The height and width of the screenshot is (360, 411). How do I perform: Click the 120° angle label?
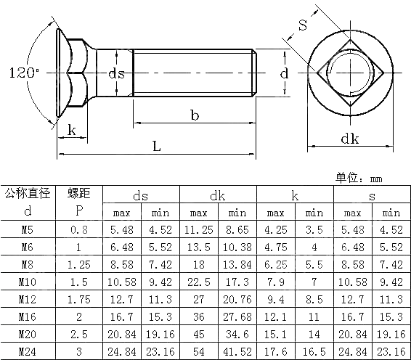pyautogui.click(x=25, y=73)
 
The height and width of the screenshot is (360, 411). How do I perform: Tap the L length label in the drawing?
pyautogui.click(x=156, y=145)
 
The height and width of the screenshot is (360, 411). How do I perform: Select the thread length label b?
pyautogui.click(x=194, y=115)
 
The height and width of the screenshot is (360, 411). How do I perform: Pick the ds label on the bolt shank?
pyautogui.click(x=116, y=73)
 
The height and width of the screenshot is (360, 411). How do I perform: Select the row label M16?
pyautogui.click(x=27, y=317)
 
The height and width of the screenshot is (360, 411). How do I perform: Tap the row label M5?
pyautogui.click(x=27, y=230)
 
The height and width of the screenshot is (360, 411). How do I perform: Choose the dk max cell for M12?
pyautogui.click(x=198, y=300)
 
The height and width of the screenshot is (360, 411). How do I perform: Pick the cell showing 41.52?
pyautogui.click(x=237, y=352)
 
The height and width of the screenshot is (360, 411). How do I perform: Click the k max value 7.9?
pyautogui.click(x=276, y=282)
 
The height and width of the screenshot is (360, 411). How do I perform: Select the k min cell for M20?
pyautogui.click(x=314, y=335)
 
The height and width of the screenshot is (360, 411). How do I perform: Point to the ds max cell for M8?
pyautogui.click(x=121, y=265)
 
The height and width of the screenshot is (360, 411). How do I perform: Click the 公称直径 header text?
pyautogui.click(x=27, y=193)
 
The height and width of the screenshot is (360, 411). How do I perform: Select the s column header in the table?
pyautogui.click(x=372, y=195)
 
